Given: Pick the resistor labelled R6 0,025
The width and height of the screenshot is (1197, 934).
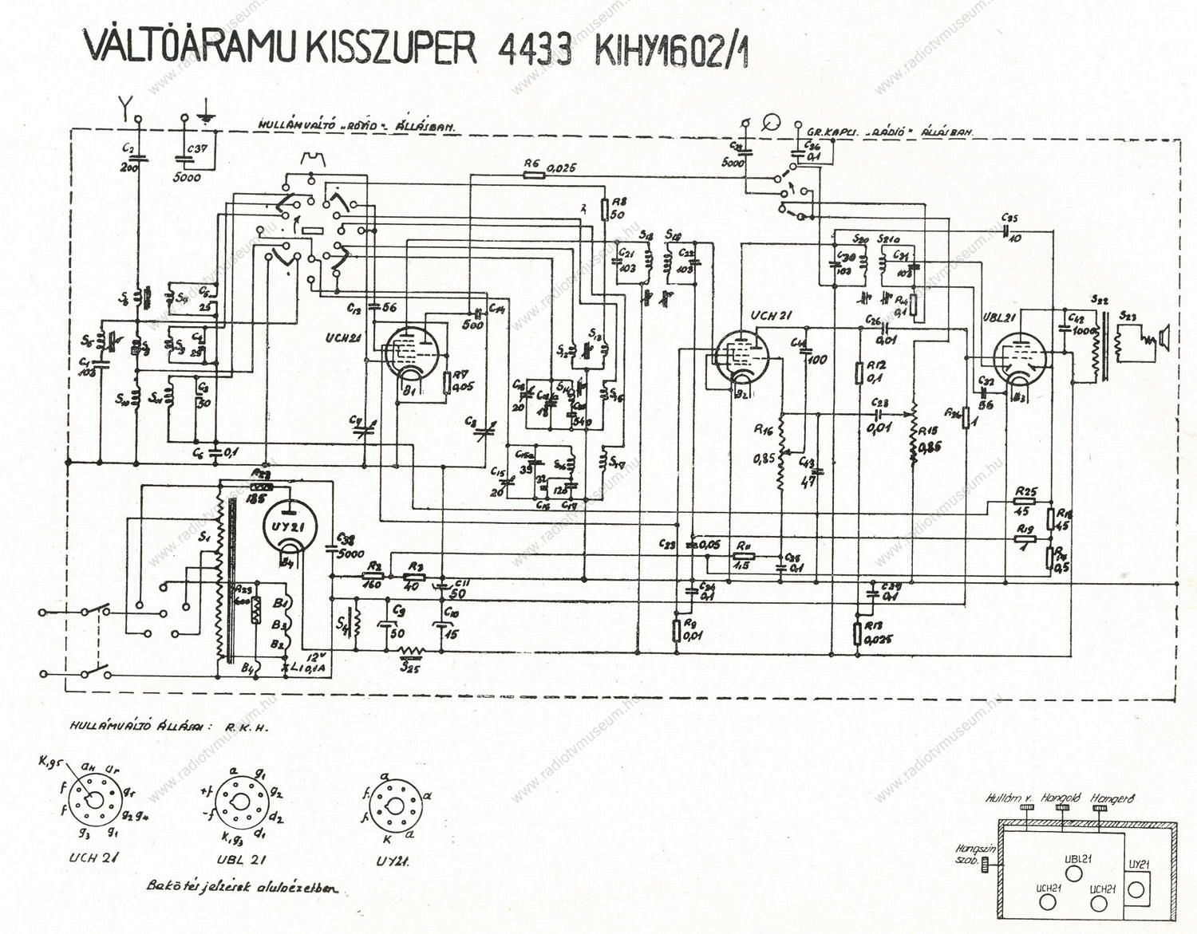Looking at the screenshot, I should [x=533, y=175].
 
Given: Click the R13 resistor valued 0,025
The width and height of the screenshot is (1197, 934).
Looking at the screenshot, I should [x=856, y=633].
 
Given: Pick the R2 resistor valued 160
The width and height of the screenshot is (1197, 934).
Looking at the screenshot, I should [x=373, y=575].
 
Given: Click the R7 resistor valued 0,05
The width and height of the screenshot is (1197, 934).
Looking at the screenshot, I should [x=446, y=382].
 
